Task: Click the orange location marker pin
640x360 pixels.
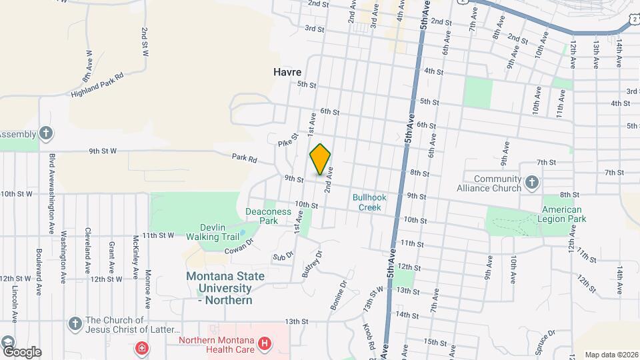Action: pos(321,159)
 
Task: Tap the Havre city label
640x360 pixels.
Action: pos(287,72)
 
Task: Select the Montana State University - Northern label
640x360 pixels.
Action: pos(225,288)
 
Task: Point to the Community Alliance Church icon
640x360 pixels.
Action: pos(532,183)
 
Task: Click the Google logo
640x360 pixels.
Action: pos(21,351)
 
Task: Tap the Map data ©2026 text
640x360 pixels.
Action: pos(611,355)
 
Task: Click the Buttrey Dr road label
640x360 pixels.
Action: pos(311,264)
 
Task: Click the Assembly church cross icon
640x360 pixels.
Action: pos(45,133)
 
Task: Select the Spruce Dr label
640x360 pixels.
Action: pos(542,341)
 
